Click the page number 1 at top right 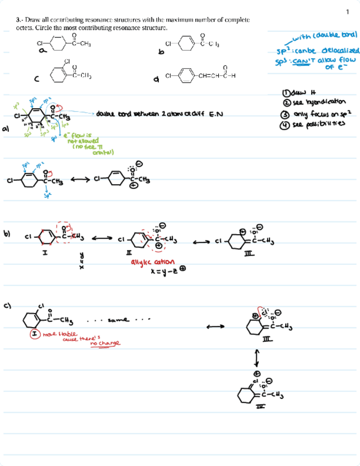click(x=347, y=12)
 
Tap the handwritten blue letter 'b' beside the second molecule click(x=160, y=52)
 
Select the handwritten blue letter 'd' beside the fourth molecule click(x=157, y=80)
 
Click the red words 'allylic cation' click(x=152, y=262)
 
